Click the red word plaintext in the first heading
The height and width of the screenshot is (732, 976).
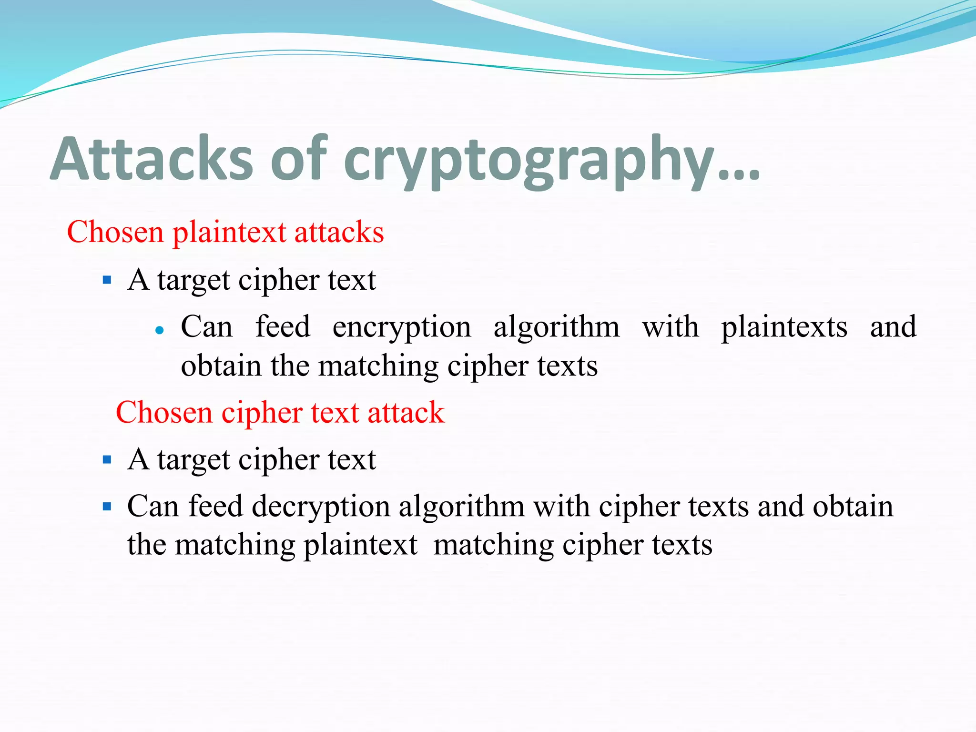click(229, 233)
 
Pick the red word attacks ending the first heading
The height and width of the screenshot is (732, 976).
click(339, 232)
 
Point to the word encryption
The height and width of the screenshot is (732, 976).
click(402, 328)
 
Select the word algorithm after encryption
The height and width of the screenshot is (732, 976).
click(556, 327)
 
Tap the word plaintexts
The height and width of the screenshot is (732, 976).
click(784, 328)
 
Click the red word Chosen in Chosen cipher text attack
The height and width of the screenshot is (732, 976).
click(163, 412)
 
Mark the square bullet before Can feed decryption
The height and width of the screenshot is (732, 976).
click(107, 506)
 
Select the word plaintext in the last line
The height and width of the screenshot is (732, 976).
click(360, 545)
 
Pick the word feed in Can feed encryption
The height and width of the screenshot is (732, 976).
click(283, 327)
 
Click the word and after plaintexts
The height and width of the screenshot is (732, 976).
click(893, 327)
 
